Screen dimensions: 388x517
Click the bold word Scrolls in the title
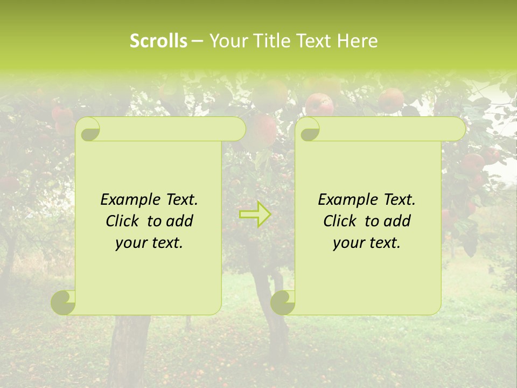(158, 41)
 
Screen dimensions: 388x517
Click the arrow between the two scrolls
(255, 214)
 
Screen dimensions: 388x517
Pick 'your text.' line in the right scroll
(367, 243)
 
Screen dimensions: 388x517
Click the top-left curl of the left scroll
(89, 130)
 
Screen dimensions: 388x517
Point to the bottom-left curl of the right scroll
(282, 302)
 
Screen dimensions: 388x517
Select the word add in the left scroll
(180, 221)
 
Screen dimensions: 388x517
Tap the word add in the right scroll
(397, 221)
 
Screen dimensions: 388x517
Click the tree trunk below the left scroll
(129, 350)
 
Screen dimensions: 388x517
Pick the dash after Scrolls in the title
(197, 41)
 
